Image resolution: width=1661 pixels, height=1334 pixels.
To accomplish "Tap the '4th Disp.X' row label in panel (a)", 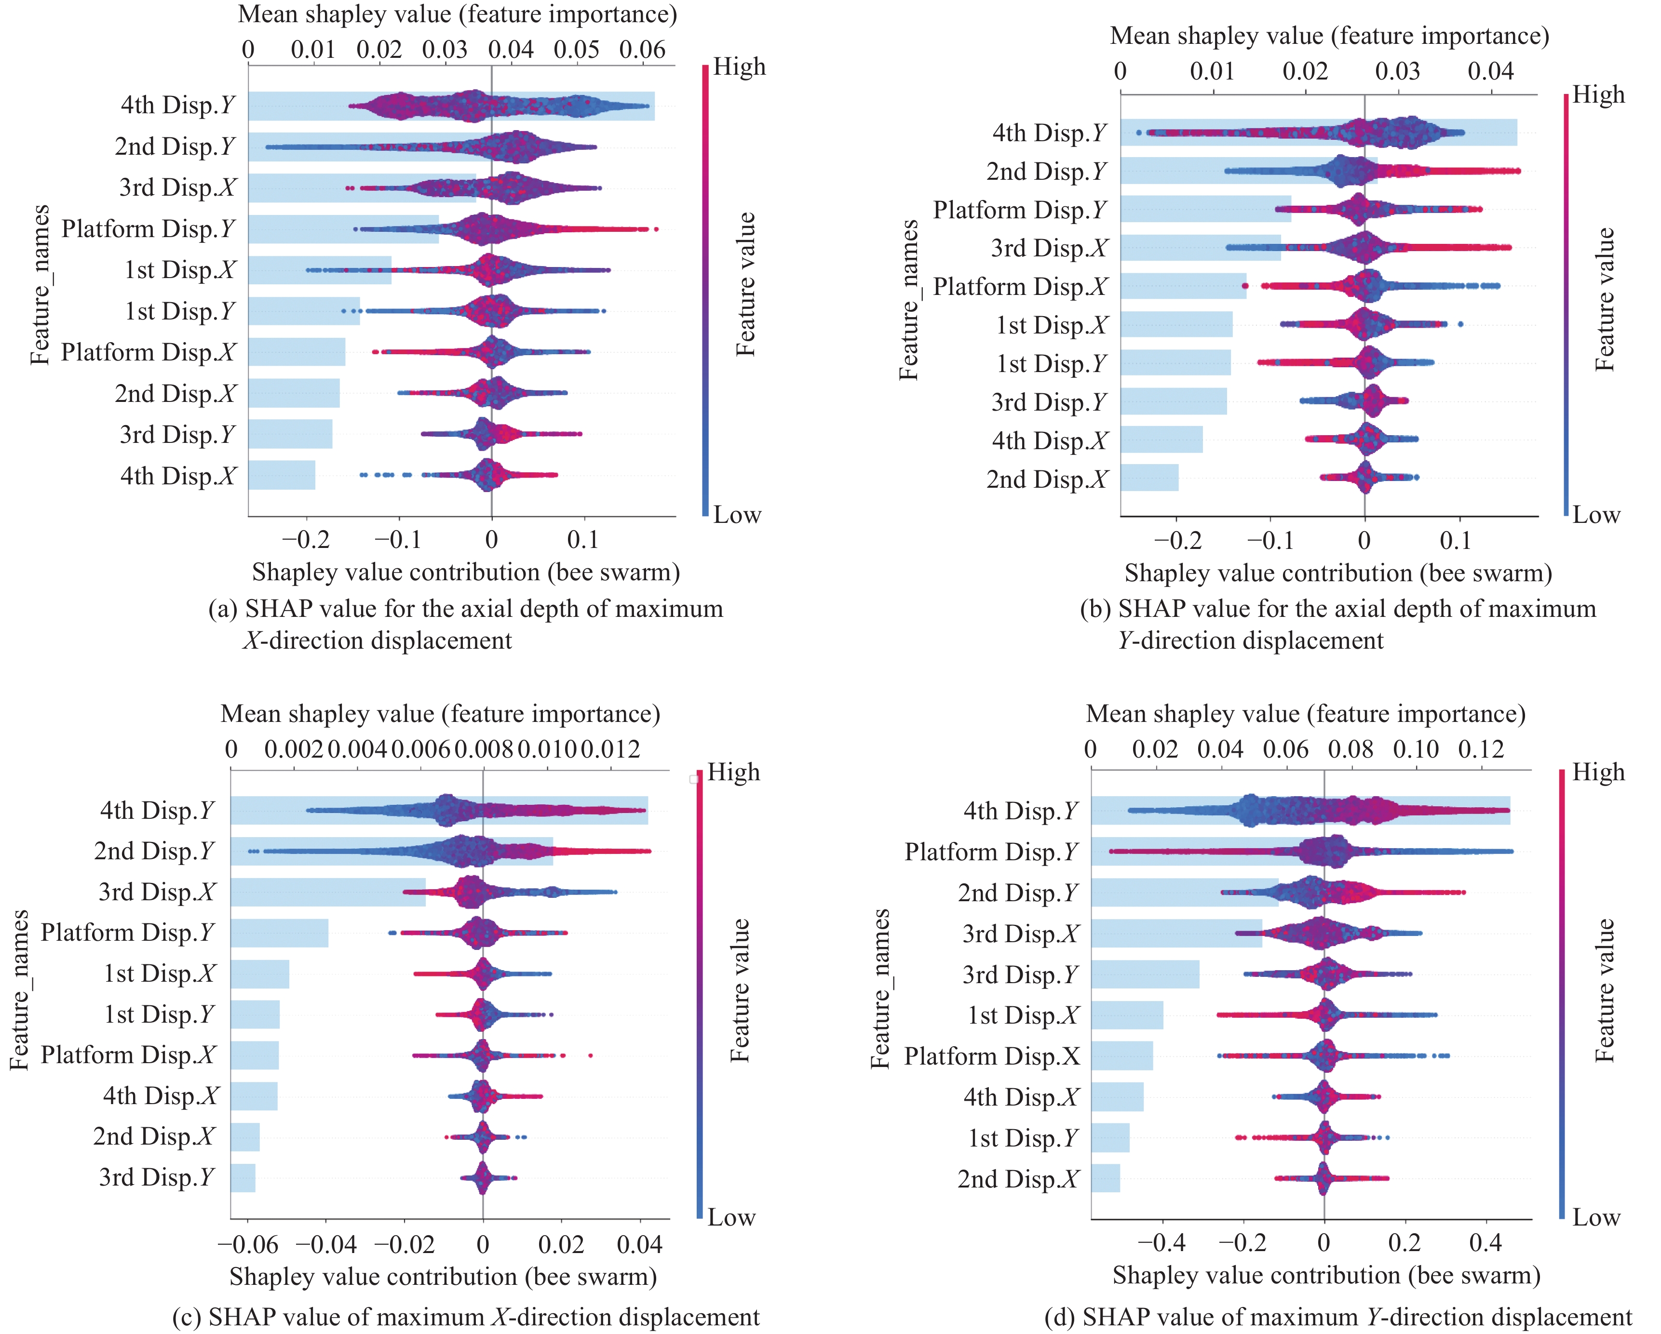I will point(178,476).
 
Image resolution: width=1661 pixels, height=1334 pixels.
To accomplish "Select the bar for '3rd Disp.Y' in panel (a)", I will point(290,434).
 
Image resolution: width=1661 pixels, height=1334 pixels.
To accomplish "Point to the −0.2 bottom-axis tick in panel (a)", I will point(305,540).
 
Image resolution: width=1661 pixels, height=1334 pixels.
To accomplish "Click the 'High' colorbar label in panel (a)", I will point(740,67).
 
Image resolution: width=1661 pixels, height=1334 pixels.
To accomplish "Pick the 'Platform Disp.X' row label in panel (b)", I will point(1020,287).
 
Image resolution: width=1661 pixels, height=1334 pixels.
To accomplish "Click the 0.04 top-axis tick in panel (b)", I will point(1490,72).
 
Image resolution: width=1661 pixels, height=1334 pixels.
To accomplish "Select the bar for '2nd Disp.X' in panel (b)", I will point(1148,478).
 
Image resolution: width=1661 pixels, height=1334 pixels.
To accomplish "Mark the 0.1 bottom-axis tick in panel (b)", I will point(1455,541).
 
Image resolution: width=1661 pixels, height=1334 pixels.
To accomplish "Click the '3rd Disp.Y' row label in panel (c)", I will point(156,1178).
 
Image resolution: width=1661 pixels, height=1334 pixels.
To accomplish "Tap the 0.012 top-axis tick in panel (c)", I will point(610,749).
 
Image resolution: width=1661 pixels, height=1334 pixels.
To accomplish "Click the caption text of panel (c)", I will point(465,1317).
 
